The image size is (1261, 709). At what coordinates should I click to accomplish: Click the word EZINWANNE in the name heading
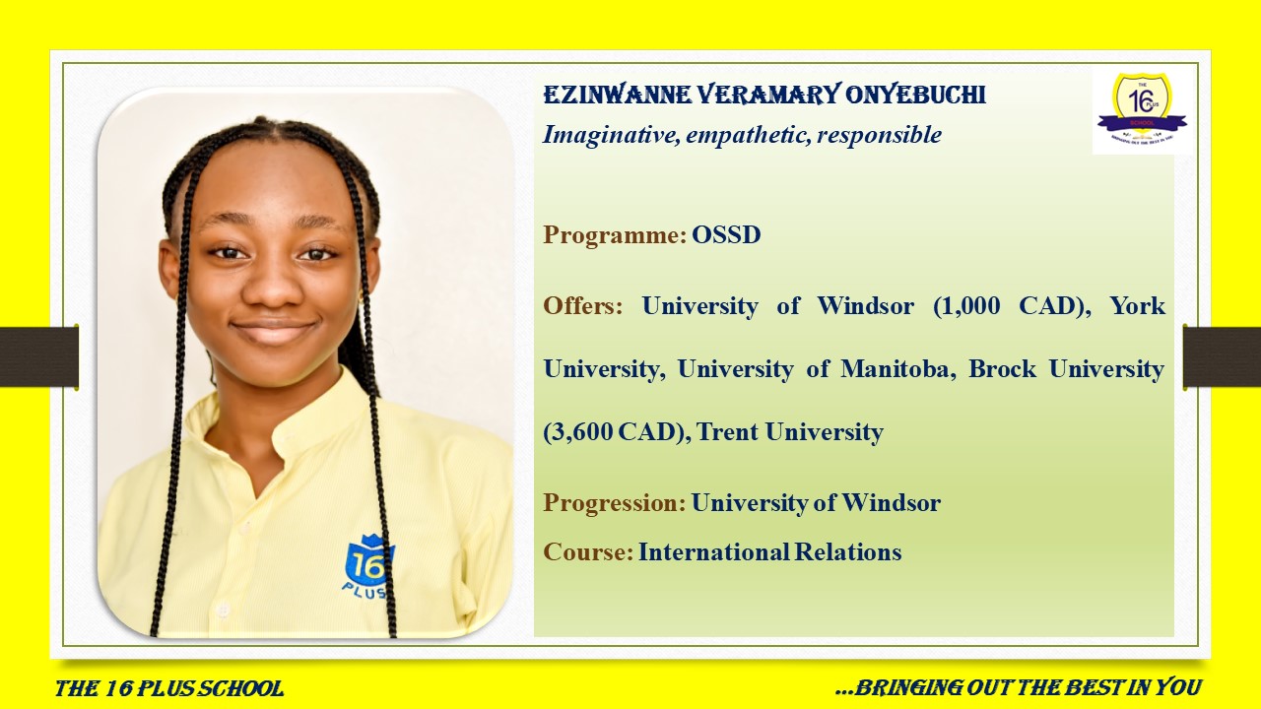[617, 95]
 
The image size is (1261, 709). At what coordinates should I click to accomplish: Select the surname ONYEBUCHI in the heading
[915, 95]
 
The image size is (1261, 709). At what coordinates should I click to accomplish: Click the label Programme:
[615, 235]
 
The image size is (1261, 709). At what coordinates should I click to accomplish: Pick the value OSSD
[726, 234]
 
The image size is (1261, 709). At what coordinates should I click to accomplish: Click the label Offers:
[582, 305]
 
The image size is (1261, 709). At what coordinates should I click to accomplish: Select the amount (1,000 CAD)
[1012, 306]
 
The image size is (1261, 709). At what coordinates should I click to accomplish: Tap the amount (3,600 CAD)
[618, 432]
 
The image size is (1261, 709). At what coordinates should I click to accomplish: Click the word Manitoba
[898, 369]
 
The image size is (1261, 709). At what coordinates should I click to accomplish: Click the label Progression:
[615, 503]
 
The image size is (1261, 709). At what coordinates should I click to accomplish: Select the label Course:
[588, 552]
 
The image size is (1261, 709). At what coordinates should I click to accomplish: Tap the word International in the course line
[713, 552]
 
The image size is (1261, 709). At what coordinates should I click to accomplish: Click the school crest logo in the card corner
[1142, 110]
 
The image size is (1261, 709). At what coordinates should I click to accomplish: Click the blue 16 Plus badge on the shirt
[369, 566]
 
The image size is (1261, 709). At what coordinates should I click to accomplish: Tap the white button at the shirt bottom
[223, 610]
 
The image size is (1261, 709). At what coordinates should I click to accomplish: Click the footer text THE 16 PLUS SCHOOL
[169, 688]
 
